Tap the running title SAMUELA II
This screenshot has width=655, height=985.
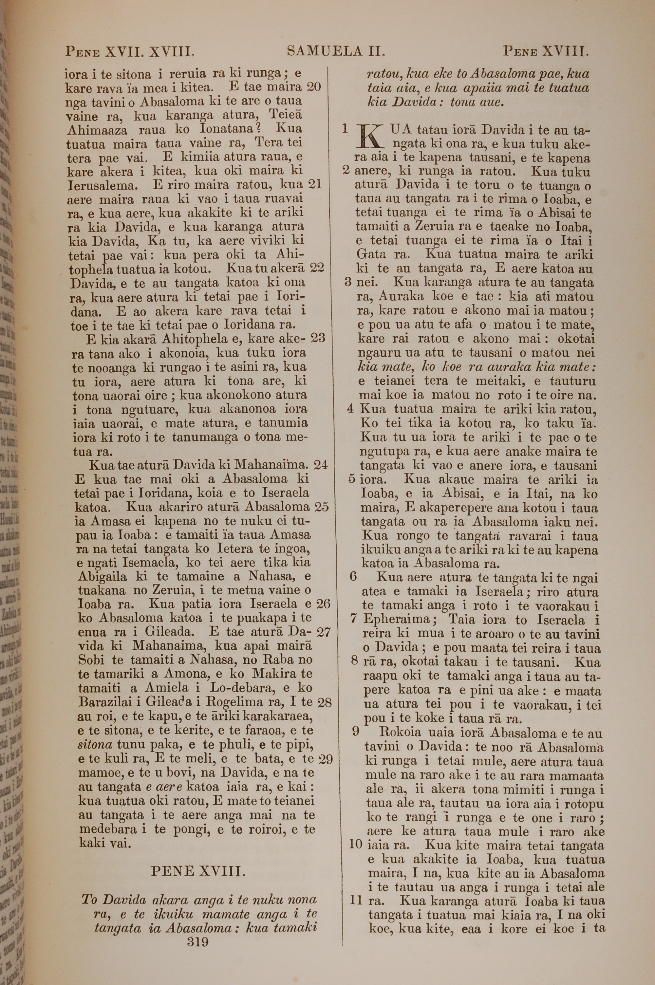click(x=336, y=51)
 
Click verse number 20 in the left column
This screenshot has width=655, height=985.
click(x=313, y=87)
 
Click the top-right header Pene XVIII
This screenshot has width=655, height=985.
click(x=546, y=51)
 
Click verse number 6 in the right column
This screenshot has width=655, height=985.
click(x=353, y=577)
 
